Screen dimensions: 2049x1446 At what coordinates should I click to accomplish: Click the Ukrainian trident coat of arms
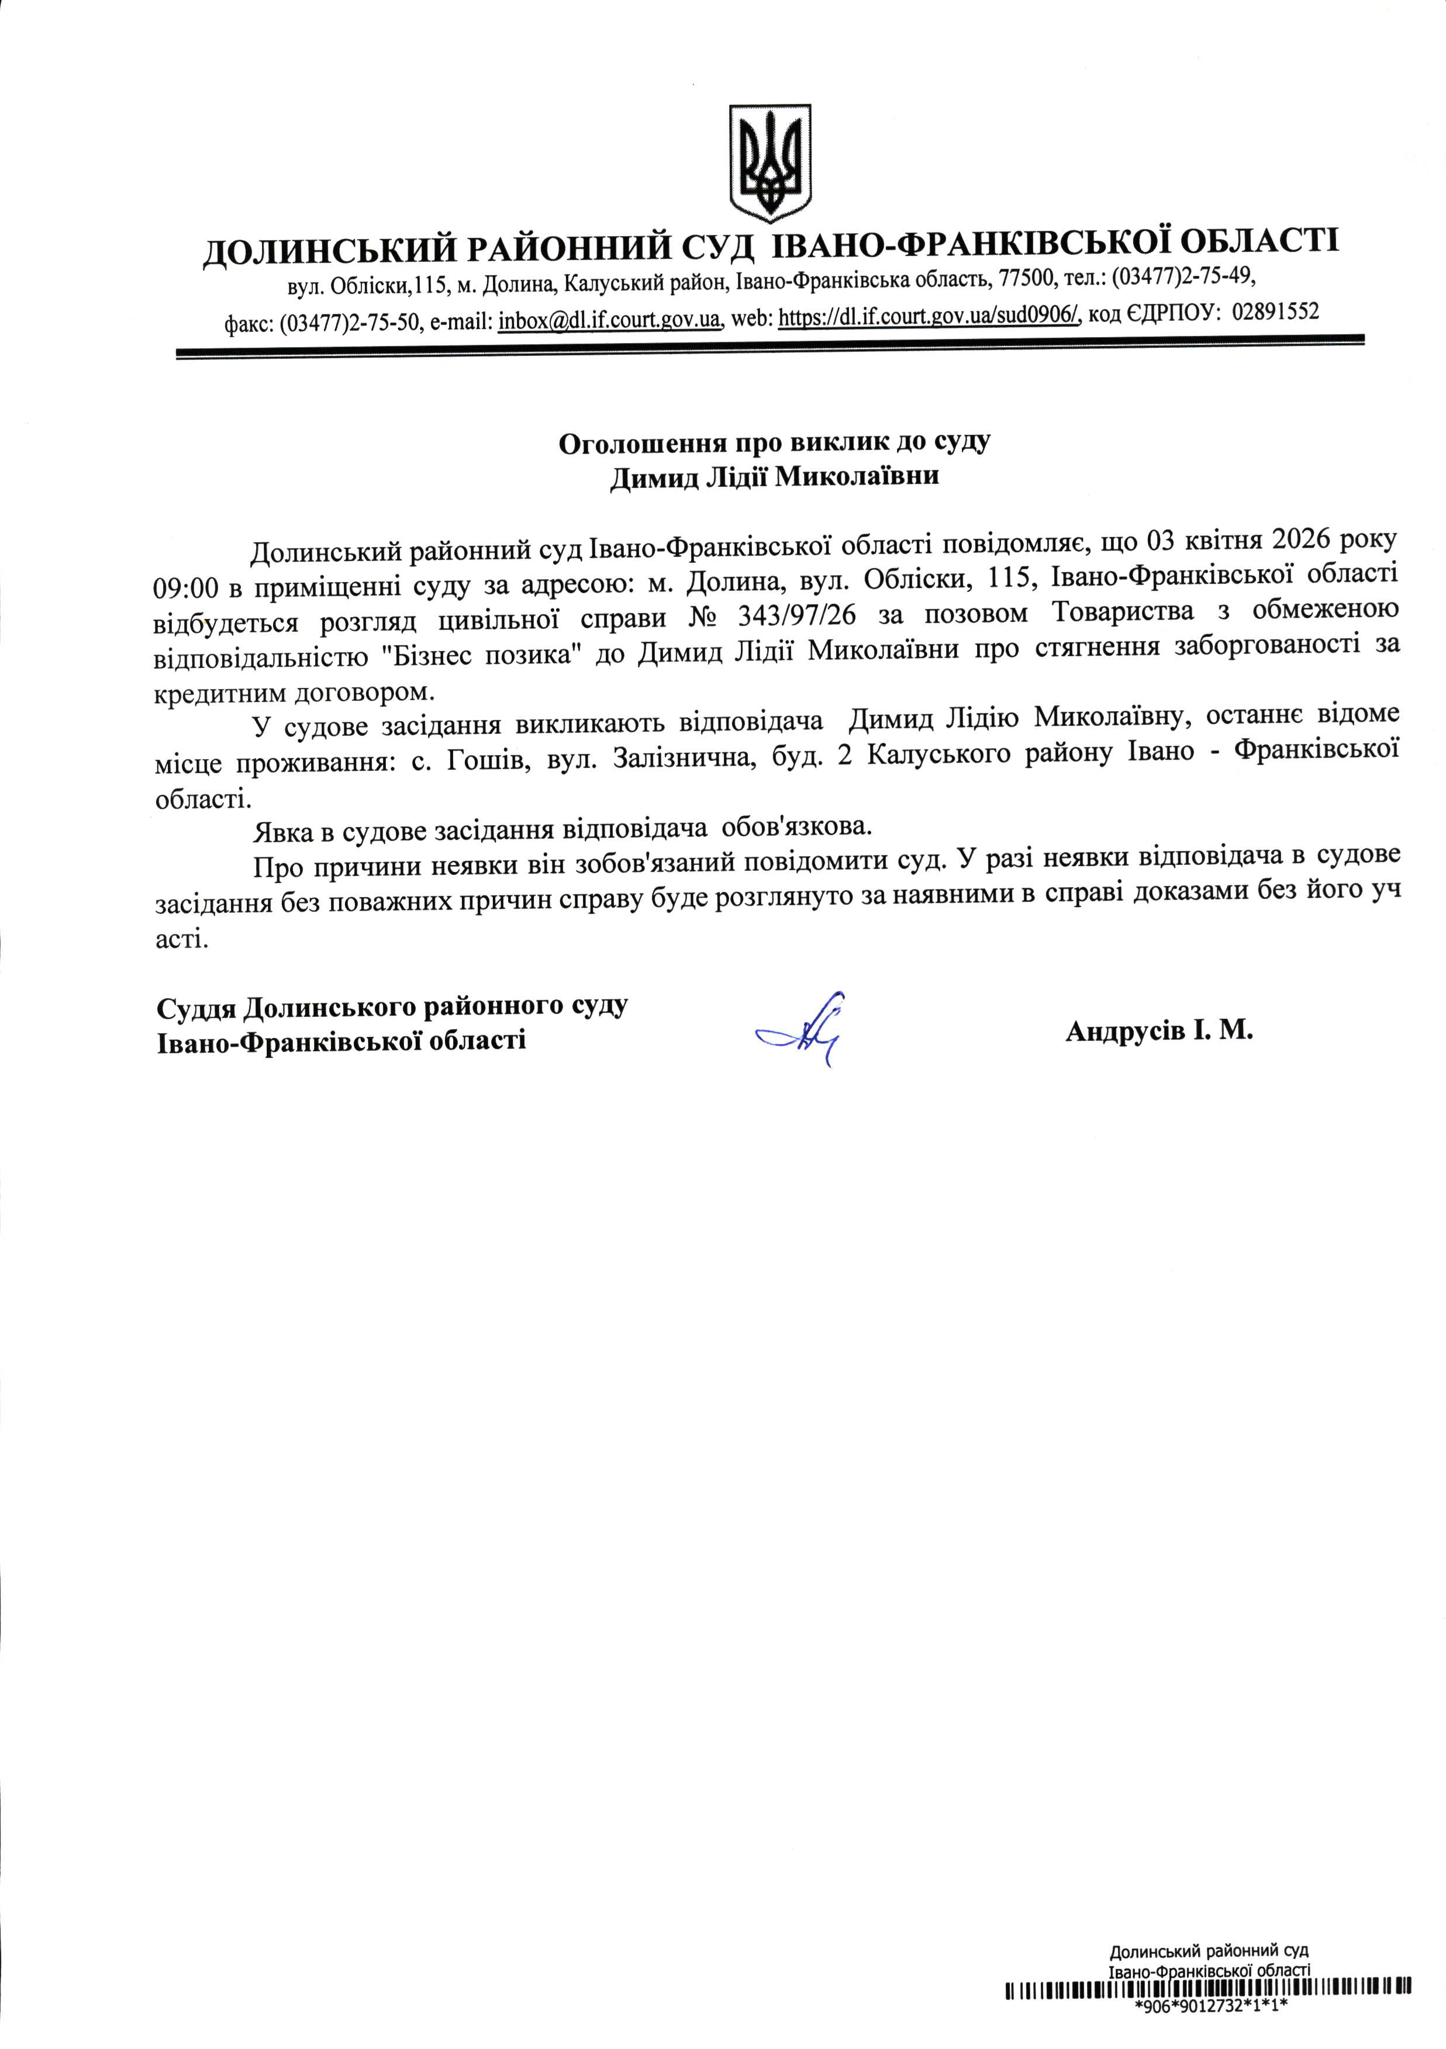point(769,162)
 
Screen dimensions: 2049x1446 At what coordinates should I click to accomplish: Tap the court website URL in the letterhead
point(929,316)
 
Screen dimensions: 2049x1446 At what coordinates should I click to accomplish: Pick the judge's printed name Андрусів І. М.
point(1158,1032)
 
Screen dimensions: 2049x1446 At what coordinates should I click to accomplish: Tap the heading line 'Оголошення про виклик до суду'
point(774,442)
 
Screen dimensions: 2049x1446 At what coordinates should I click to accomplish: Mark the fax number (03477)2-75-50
point(350,322)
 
